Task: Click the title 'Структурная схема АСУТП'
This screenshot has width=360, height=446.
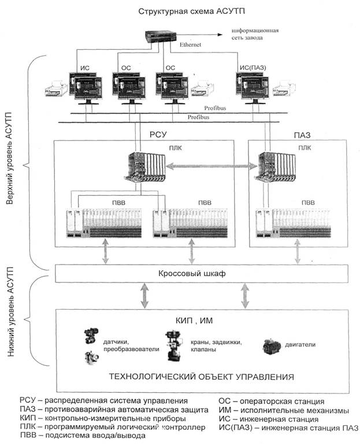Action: tap(191, 12)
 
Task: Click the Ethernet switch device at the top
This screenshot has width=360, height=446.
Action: tap(161, 37)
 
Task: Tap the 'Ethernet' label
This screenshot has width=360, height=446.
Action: tap(190, 44)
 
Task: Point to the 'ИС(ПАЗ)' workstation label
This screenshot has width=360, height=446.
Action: tap(253, 68)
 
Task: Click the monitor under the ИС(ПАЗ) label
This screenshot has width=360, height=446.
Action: tap(253, 88)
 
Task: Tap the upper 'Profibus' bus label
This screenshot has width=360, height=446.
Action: tap(215, 108)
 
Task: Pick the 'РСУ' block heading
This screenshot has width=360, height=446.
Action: tap(158, 134)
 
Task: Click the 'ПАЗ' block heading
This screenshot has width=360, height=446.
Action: tap(302, 135)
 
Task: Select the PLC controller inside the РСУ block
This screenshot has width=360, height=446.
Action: tap(144, 167)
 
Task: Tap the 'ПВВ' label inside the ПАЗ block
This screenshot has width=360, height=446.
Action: tap(308, 203)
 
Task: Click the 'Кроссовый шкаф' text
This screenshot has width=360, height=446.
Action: tap(192, 273)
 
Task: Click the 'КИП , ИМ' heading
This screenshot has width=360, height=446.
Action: tap(194, 321)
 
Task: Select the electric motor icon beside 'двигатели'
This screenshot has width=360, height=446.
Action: tap(271, 347)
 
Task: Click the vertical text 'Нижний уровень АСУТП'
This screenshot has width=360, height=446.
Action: tap(10, 312)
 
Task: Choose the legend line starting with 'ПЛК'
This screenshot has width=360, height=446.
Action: tap(113, 427)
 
